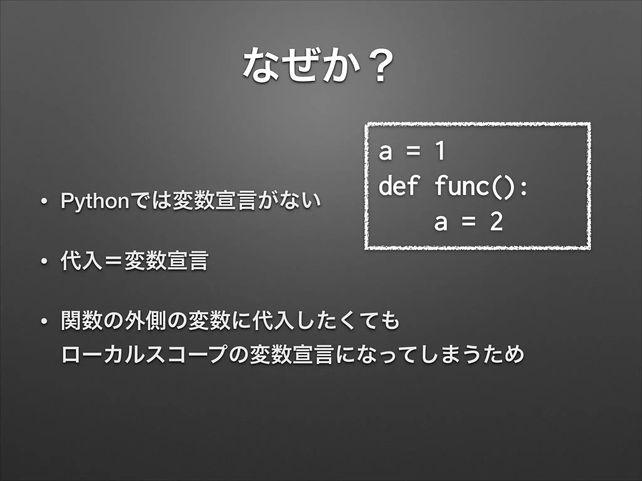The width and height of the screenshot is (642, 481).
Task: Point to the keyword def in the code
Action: click(x=398, y=186)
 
